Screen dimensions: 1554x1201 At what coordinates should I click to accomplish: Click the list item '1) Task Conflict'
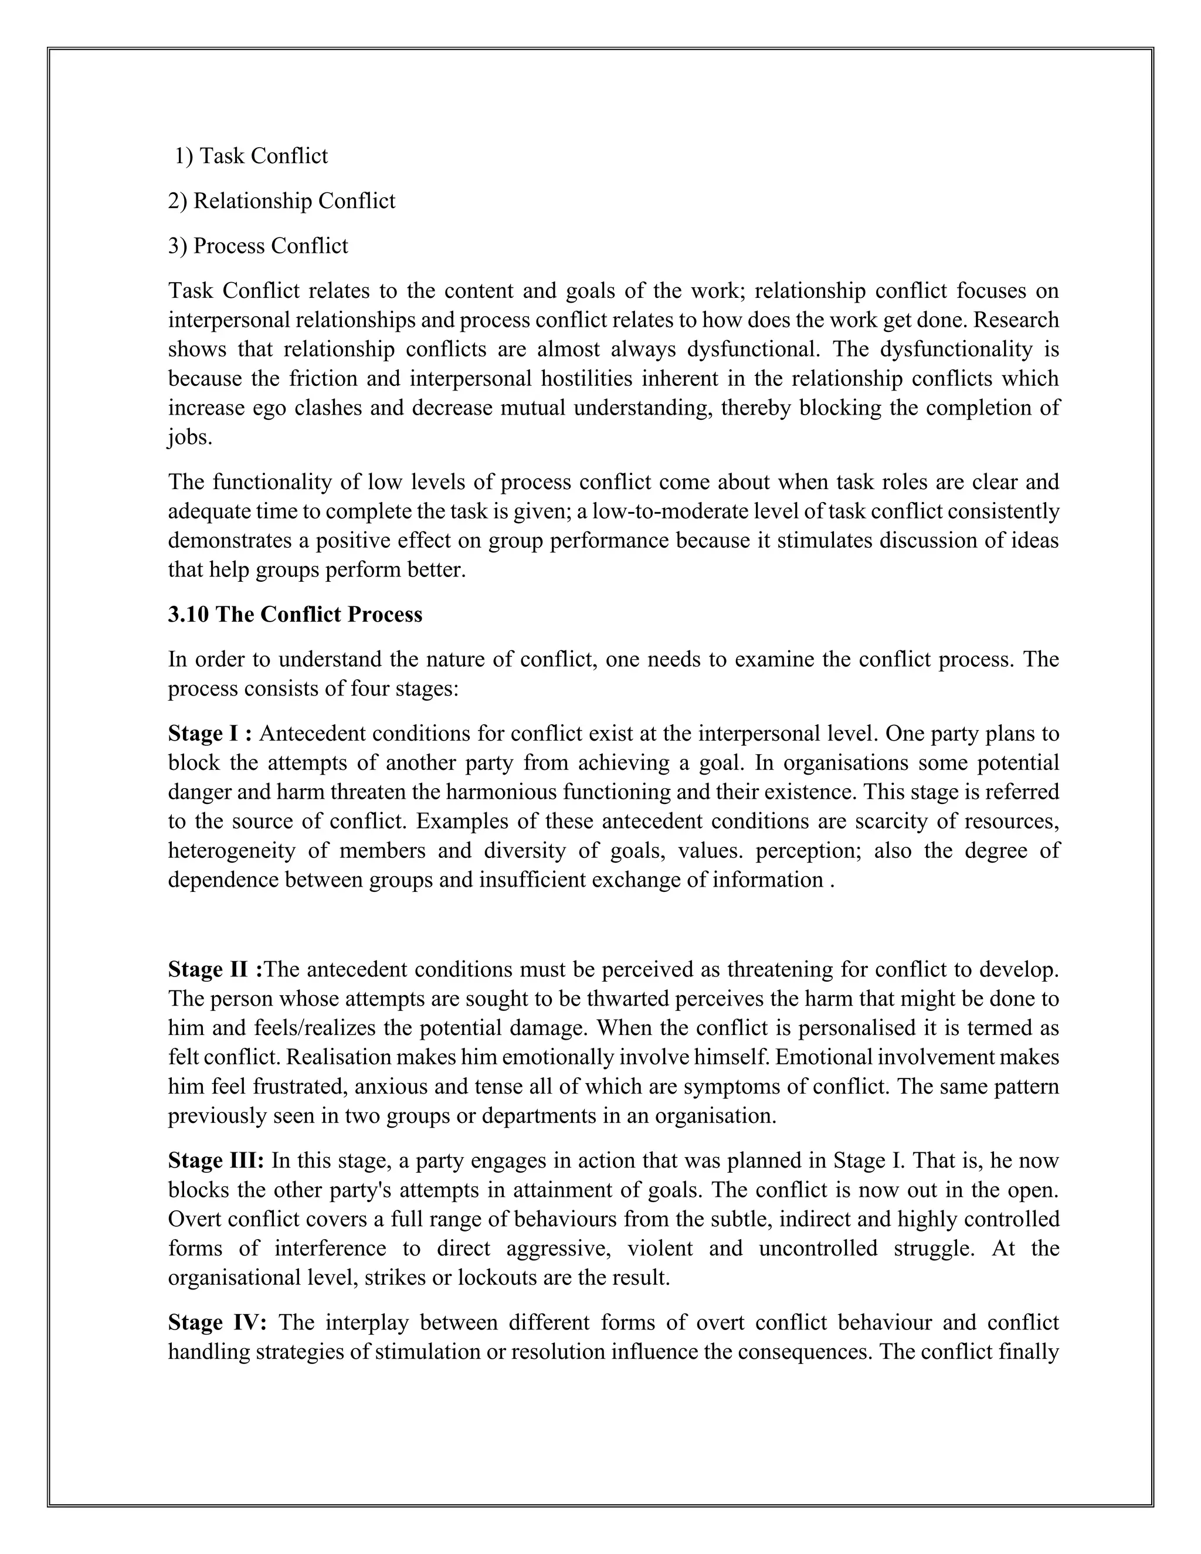point(251,156)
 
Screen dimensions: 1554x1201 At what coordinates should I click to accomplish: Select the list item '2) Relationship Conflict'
point(281,201)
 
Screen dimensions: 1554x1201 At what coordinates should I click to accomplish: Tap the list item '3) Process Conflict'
point(257,246)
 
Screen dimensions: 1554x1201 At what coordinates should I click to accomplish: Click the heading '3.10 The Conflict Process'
point(294,614)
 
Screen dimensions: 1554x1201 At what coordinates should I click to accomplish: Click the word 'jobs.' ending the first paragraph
point(190,437)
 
